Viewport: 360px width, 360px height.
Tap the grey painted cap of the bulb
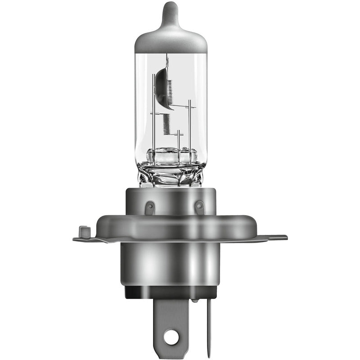[x=171, y=38]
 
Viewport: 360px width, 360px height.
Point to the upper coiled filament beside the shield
[x=170, y=85]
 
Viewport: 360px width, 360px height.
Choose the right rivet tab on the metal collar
[x=199, y=207]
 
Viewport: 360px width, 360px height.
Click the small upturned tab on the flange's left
[x=82, y=232]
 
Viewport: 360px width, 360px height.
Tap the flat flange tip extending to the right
[x=277, y=238]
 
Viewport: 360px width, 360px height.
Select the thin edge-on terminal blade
[x=207, y=324]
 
